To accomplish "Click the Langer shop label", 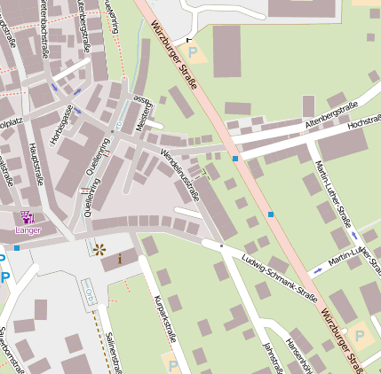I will coord(28,230).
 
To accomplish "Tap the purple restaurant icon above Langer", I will coord(28,217).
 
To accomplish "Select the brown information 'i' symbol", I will coord(120,259).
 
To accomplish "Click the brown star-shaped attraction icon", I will coord(99,250).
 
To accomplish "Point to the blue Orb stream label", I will coord(90,292).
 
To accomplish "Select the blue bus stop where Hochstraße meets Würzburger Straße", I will coord(235,158).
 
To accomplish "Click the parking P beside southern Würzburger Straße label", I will coord(359,336).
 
